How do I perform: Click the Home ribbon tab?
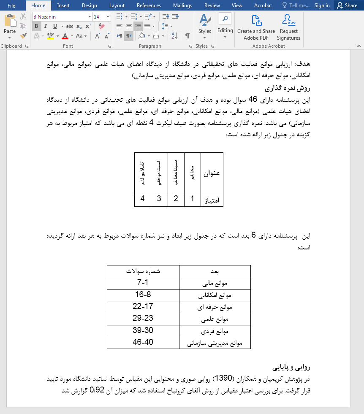click(x=38, y=5)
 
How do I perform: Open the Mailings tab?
click(x=182, y=5)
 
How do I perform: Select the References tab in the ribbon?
click(x=149, y=5)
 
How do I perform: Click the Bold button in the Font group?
click(x=36, y=26)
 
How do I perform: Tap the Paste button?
click(x=10, y=25)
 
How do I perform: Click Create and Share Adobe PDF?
click(x=256, y=28)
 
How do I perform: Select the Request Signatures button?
click(x=288, y=28)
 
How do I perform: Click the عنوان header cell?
click(x=212, y=173)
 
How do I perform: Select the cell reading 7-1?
click(x=143, y=283)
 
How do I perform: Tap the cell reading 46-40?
click(x=143, y=342)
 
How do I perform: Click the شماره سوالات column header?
click(x=143, y=271)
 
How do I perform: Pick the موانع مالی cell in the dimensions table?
click(x=215, y=283)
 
